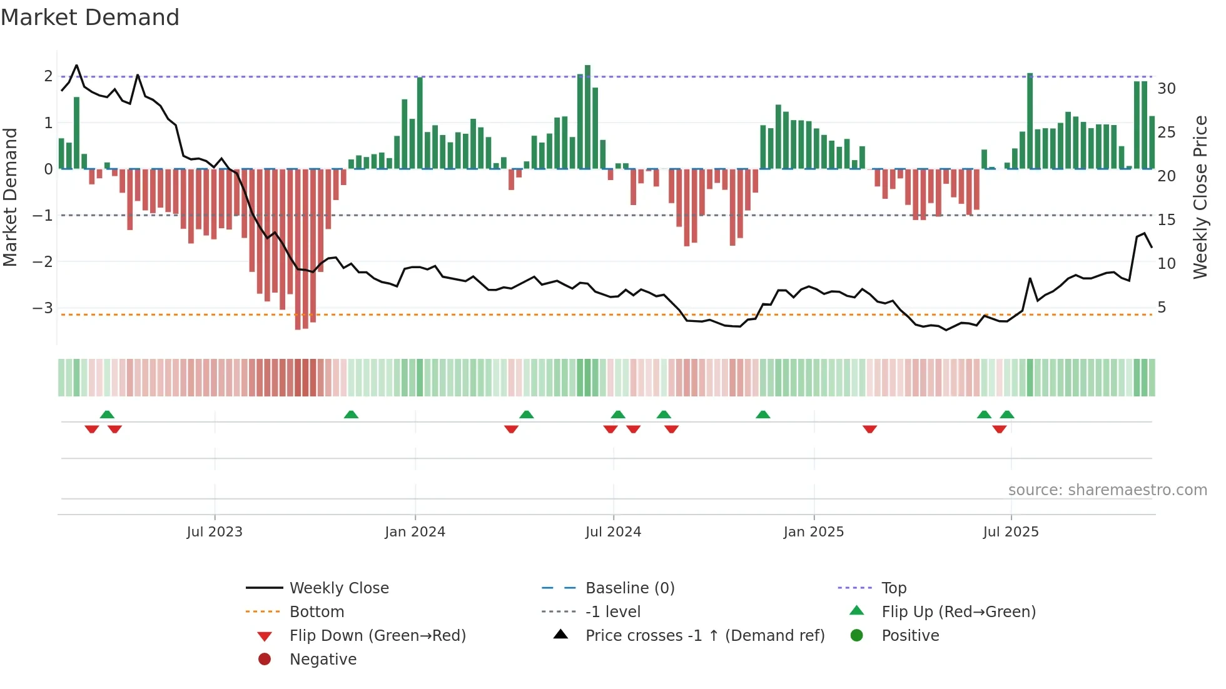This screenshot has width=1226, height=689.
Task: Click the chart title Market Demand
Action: pos(90,18)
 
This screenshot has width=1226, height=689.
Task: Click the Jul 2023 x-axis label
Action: pos(214,532)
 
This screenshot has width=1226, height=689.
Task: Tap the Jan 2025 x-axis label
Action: pos(813,532)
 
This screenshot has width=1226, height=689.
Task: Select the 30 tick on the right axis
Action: pos(1166,89)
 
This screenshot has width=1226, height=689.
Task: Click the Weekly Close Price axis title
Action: pos(1200,197)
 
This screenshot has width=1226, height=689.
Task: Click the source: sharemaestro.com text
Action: pos(1107,490)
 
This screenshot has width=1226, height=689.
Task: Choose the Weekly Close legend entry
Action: pos(338,588)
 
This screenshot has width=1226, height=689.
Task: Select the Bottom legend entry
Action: pos(317,612)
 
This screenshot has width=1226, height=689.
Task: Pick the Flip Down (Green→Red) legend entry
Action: pos(377,636)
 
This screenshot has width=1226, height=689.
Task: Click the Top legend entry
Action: pos(894,588)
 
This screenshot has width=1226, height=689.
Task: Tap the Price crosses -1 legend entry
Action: pos(704,636)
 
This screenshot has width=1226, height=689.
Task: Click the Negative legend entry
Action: pos(323,660)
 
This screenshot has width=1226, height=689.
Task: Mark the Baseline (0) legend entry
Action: pos(629,588)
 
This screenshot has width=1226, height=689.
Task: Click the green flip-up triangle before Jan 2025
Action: pos(762,415)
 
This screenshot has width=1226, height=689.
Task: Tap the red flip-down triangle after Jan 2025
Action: pos(869,429)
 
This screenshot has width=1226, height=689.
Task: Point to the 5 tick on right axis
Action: pos(1162,308)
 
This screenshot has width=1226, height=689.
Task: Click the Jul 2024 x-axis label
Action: pos(613,532)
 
